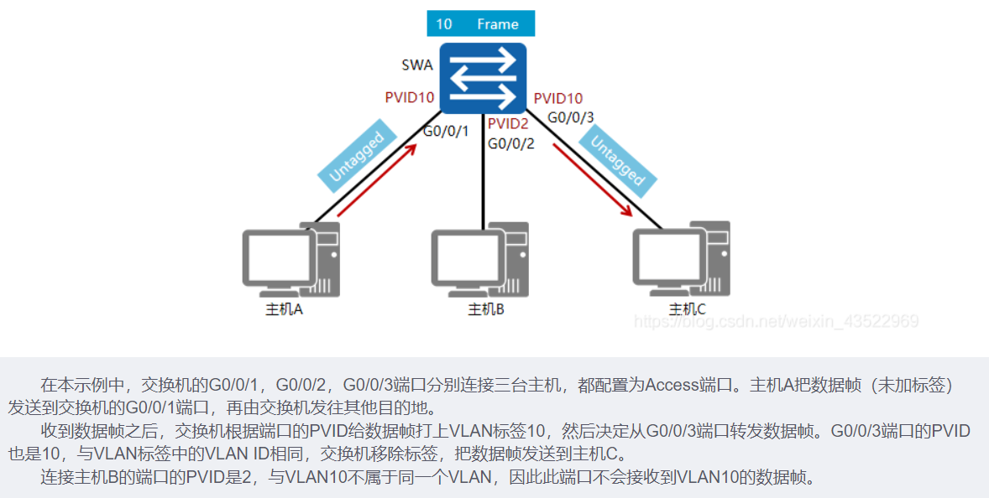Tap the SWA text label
(417, 65)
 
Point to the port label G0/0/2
(511, 143)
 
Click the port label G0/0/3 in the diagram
(571, 117)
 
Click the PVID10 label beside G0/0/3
(558, 99)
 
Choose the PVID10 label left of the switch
(410, 97)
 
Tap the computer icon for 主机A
(290, 260)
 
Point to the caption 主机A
(284, 309)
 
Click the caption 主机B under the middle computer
(485, 309)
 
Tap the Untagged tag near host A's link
(357, 158)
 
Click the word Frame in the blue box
(498, 24)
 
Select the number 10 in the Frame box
(443, 24)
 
